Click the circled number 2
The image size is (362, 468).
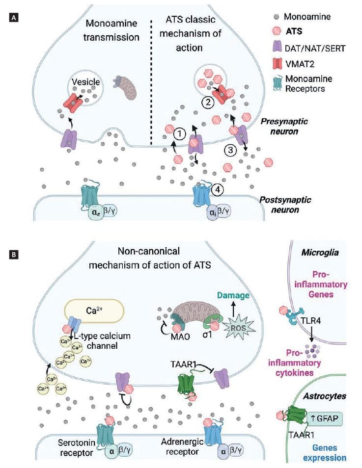pyautogui.click(x=209, y=103)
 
